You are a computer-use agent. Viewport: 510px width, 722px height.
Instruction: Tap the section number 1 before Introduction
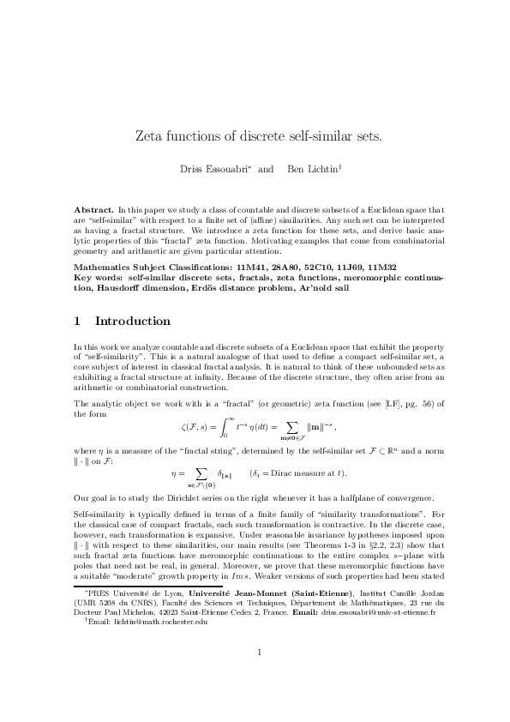[77, 322]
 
